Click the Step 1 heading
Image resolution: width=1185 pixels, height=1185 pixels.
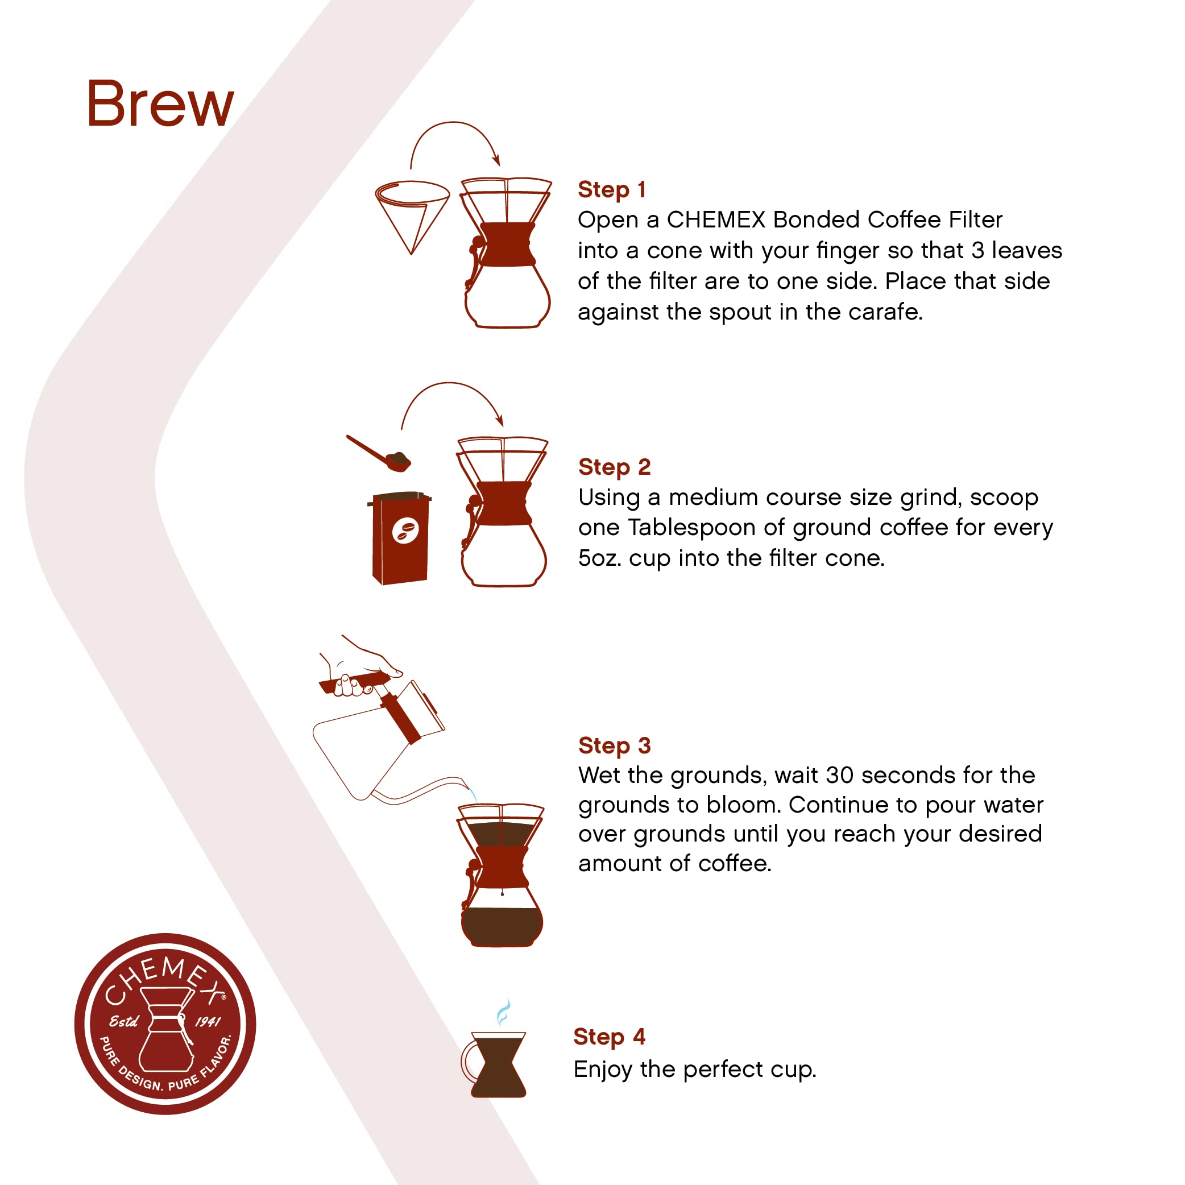[x=611, y=189]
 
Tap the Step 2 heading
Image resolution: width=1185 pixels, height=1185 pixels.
[x=614, y=467]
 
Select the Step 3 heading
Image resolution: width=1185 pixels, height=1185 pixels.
[x=614, y=745]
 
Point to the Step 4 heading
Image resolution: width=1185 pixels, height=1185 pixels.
[x=609, y=1036]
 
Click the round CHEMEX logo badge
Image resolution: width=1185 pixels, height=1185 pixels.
[x=165, y=1024]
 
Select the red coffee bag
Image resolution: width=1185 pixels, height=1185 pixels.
[x=400, y=538]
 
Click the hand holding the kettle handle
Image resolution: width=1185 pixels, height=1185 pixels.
[x=362, y=672]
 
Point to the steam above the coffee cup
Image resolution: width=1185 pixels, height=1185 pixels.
[x=503, y=1012]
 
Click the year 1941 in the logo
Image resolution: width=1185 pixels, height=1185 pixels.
[x=208, y=1022]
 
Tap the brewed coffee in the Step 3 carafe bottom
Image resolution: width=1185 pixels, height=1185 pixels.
[x=502, y=926]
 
